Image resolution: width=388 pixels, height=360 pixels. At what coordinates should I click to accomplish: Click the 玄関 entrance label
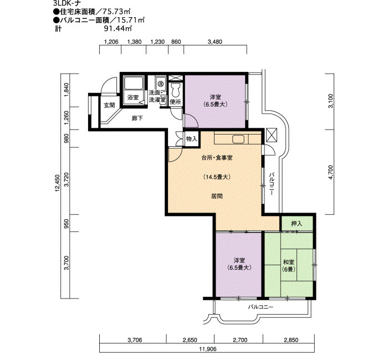click(109, 105)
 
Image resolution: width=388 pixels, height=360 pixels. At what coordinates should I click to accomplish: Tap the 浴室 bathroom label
click(133, 97)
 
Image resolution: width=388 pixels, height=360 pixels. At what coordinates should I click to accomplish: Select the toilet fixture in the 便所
click(176, 90)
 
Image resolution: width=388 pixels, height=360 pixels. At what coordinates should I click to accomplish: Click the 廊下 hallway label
click(137, 118)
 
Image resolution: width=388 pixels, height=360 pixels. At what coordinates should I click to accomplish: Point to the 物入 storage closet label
click(192, 139)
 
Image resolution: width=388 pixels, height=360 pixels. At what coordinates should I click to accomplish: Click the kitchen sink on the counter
click(238, 139)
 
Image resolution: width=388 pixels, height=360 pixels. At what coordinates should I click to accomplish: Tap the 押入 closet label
click(297, 224)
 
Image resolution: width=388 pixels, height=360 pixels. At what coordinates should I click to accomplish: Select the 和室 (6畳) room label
click(289, 265)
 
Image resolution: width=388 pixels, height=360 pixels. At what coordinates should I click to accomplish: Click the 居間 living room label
click(217, 196)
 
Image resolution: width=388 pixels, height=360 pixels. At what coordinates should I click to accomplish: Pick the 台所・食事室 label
click(217, 157)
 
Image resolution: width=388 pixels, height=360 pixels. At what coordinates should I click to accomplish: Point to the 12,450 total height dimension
click(58, 183)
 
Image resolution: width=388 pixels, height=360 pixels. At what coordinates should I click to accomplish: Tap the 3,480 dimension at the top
click(215, 42)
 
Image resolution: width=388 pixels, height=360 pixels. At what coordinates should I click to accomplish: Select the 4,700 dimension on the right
click(330, 172)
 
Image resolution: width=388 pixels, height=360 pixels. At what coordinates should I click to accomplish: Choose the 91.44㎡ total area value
click(118, 28)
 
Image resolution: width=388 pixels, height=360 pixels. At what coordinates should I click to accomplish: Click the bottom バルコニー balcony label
click(261, 307)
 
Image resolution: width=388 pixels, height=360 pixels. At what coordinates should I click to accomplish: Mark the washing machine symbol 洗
click(161, 83)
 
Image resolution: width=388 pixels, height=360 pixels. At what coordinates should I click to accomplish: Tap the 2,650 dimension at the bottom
click(190, 340)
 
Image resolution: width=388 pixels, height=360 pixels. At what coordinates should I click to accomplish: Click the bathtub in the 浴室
click(134, 83)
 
